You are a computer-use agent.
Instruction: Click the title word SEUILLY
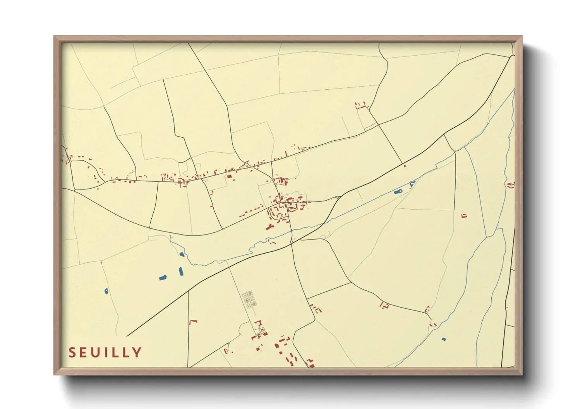click(105, 352)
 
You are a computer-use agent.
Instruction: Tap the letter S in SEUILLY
click(72, 352)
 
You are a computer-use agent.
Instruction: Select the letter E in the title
click(84, 352)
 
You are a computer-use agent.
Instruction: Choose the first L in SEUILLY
click(115, 352)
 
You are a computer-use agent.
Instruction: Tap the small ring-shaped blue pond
click(106, 291)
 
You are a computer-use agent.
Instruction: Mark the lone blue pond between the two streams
click(444, 339)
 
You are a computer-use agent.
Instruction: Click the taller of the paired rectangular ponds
click(181, 271)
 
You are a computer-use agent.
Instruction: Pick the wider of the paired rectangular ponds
click(163, 277)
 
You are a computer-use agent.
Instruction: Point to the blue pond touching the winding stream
click(182, 254)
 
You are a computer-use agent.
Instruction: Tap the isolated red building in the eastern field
click(464, 215)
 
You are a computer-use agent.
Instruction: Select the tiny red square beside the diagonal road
click(405, 165)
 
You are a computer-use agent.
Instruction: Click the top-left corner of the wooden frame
click(54, 36)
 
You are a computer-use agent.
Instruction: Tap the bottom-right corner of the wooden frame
click(522, 374)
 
